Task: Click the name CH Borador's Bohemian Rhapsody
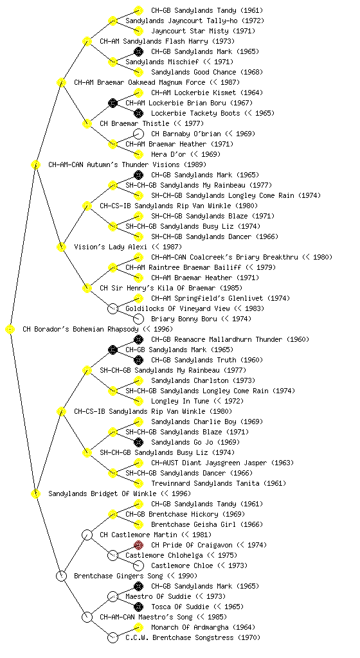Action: (x=82, y=329)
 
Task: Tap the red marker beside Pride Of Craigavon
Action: (x=138, y=545)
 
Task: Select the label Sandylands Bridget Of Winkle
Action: (x=102, y=493)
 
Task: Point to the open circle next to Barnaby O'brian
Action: (x=138, y=134)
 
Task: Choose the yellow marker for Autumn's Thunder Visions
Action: (x=35, y=164)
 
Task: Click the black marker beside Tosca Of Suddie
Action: (x=138, y=607)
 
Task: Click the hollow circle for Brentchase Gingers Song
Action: (x=61, y=576)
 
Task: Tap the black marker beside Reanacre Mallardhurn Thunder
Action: (x=138, y=339)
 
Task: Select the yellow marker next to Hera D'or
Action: (x=138, y=154)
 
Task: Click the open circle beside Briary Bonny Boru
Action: (x=138, y=319)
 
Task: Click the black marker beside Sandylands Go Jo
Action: (x=138, y=442)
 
